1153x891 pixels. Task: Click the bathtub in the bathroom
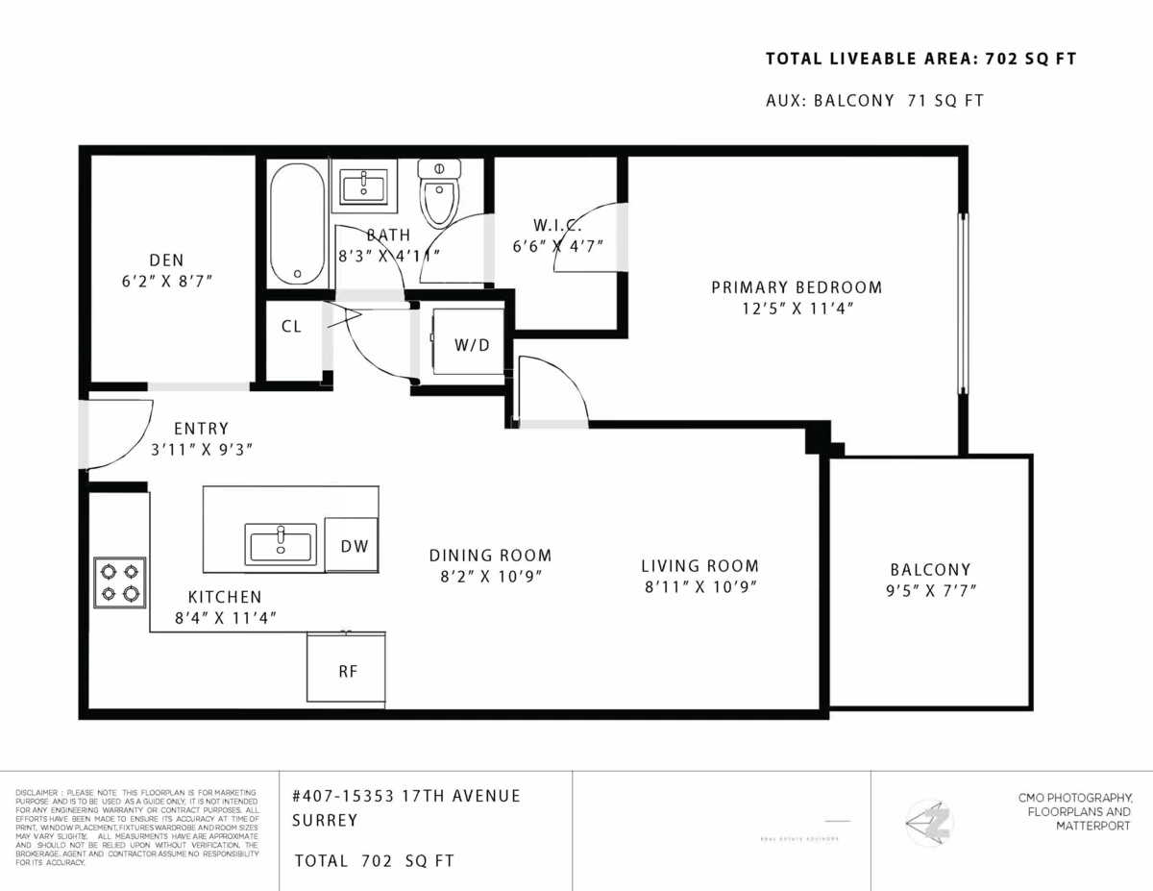tap(298, 224)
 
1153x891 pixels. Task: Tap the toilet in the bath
tap(440, 192)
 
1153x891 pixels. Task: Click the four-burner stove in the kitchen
tap(119, 582)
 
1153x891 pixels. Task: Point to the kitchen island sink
tap(281, 543)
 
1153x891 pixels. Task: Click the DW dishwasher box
tap(352, 545)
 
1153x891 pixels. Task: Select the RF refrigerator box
tap(347, 670)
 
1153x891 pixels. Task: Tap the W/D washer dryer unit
tap(468, 343)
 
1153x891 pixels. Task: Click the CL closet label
tap(291, 327)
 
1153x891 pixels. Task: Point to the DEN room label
tap(166, 260)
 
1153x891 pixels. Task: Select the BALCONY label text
tap(929, 569)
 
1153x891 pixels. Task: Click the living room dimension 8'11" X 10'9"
tap(700, 586)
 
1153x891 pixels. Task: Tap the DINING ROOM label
tap(490, 556)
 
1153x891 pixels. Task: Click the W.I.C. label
tap(554, 224)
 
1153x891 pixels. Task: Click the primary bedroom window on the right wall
tap(962, 304)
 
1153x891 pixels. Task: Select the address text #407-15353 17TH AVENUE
tap(405, 796)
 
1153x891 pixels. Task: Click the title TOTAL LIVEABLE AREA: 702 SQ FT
tap(920, 60)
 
